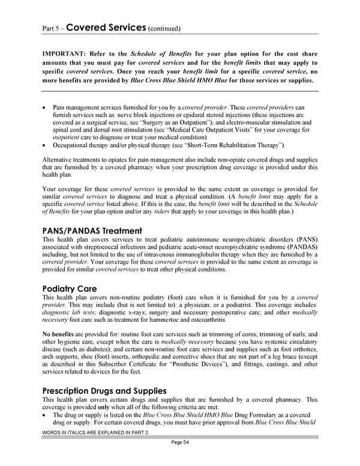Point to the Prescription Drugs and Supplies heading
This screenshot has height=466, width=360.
(x=104, y=391)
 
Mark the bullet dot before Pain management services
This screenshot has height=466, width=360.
(x=45, y=106)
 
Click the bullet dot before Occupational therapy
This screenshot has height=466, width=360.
(x=45, y=145)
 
